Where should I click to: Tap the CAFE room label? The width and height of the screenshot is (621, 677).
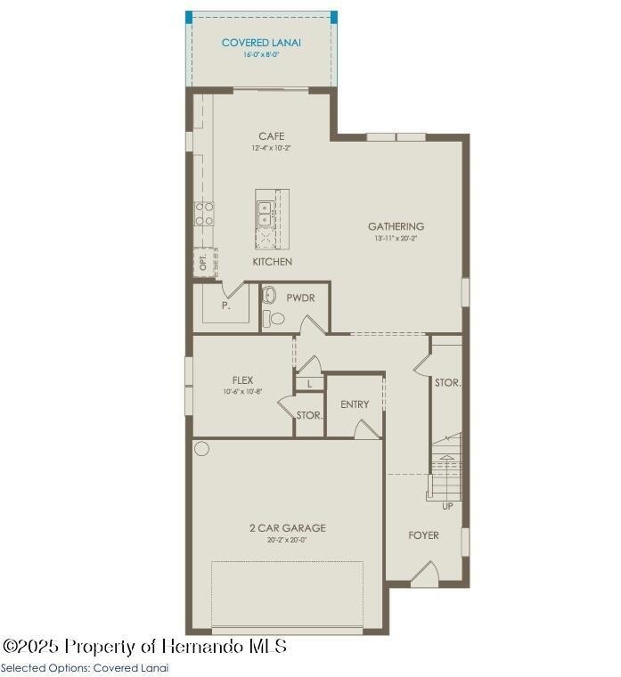pos(272,136)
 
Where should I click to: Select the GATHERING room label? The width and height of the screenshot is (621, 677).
pos(396,226)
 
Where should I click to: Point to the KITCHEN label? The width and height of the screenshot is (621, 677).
pos(272,262)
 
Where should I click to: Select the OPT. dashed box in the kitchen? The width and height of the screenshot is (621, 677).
pos(203,262)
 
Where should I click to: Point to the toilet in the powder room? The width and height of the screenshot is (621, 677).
pos(277,318)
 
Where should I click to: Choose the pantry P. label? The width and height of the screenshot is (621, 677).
pos(226,306)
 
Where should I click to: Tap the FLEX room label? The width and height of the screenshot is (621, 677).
pos(242,380)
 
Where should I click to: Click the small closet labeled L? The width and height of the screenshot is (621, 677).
pos(308,384)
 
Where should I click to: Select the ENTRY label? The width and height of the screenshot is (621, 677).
pos(355,404)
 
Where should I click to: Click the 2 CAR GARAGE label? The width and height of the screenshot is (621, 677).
pos(287,527)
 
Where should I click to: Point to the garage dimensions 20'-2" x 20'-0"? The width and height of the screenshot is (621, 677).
pos(287,540)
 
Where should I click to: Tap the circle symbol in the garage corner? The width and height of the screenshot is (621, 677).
pos(201,448)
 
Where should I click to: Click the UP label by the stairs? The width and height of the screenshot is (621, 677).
pos(447,507)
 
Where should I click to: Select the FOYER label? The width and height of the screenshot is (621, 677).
pos(423,535)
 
